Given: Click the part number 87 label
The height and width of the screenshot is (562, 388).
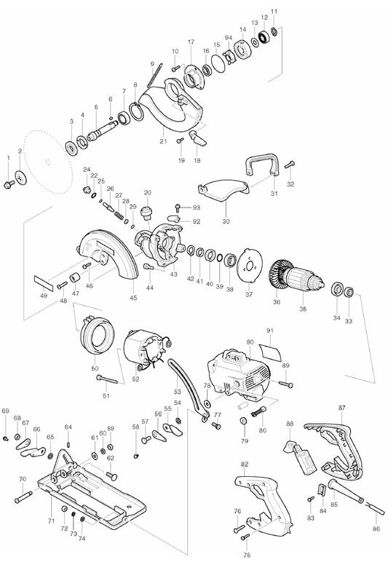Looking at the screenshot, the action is [x=342, y=408].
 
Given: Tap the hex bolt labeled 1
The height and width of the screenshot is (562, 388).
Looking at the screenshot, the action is [x=9, y=184].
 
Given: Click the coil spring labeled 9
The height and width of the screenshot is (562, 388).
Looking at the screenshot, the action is [x=155, y=75].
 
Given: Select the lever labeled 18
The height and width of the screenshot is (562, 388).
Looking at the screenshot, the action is [x=197, y=138].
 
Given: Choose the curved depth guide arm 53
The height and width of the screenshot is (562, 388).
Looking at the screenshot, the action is [x=188, y=391].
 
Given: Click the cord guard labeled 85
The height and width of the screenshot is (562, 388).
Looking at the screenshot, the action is [x=345, y=491].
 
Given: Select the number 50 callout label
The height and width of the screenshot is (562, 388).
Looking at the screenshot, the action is [x=95, y=368].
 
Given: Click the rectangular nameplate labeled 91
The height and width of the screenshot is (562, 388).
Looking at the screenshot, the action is [x=271, y=352].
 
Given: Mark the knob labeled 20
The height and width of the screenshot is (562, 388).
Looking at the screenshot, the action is [x=147, y=213].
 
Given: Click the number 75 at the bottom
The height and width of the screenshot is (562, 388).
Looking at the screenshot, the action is [x=247, y=555].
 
